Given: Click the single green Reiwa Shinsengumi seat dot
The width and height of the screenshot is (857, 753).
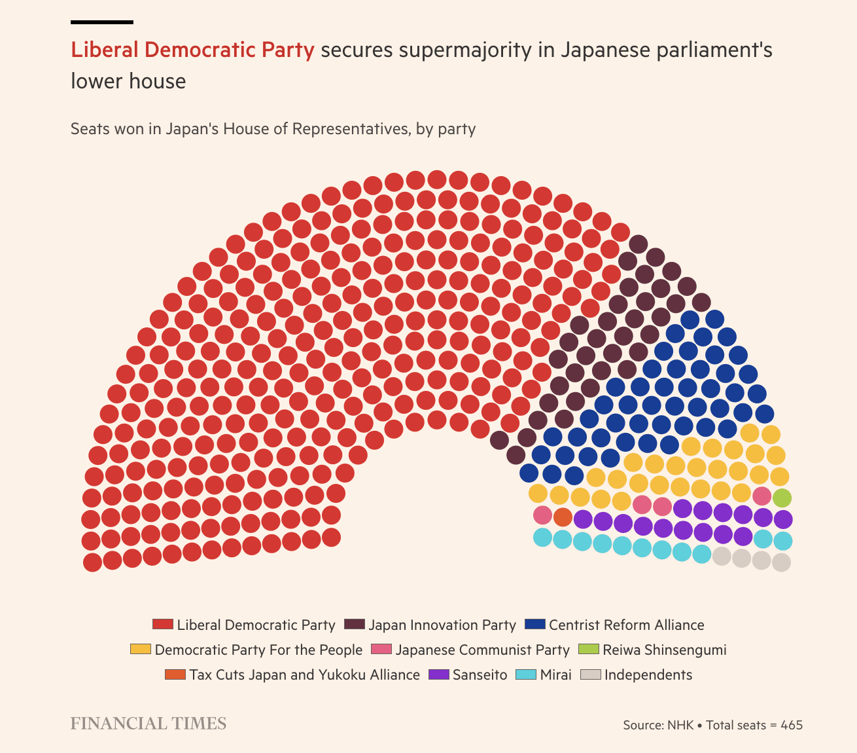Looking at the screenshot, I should (782, 498).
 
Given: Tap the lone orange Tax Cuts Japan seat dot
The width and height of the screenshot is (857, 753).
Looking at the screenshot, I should (563, 517).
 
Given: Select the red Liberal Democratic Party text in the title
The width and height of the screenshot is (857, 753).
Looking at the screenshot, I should (192, 50).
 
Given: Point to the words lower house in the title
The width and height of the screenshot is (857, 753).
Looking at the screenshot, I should (128, 81).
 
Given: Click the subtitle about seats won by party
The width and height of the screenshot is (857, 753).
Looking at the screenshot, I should (273, 129).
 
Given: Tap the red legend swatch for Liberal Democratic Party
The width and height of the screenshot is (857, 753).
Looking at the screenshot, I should (162, 625).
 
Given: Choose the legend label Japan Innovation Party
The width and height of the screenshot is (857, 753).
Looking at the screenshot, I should (442, 625).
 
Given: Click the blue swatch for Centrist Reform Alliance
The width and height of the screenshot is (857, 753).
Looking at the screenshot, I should (534, 625).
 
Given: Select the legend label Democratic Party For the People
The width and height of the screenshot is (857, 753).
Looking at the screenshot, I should (258, 650).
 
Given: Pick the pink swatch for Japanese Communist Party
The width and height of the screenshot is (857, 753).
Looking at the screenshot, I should (381, 650).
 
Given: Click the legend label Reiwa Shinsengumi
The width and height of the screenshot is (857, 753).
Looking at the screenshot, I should (664, 650).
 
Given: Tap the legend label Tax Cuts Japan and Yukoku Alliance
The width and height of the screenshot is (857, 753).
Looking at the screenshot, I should (305, 675).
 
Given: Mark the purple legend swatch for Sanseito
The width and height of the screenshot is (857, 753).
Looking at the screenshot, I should (438, 674).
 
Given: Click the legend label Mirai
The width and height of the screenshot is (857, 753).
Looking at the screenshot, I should (555, 675).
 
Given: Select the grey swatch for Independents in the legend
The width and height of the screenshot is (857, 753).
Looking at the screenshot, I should (591, 674).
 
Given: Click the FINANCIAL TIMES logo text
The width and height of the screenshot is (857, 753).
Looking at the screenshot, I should (149, 724).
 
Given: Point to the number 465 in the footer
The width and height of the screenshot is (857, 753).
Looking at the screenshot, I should (792, 725).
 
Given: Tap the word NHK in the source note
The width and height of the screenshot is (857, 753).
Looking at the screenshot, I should (680, 725).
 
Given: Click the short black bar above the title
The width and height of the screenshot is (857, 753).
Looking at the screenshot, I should (102, 22).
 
